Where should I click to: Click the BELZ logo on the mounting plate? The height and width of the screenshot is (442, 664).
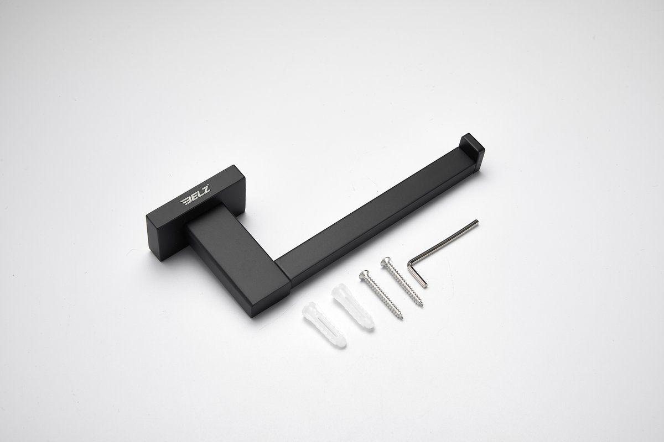pos(196,194)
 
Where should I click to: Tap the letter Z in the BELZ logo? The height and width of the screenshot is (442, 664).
pos(206,190)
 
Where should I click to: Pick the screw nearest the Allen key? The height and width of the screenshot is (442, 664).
pos(402,281)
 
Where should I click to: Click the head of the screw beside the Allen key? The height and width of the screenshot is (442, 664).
pos(385,261)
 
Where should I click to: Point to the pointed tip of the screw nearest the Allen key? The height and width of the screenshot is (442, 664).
pos(422,306)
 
